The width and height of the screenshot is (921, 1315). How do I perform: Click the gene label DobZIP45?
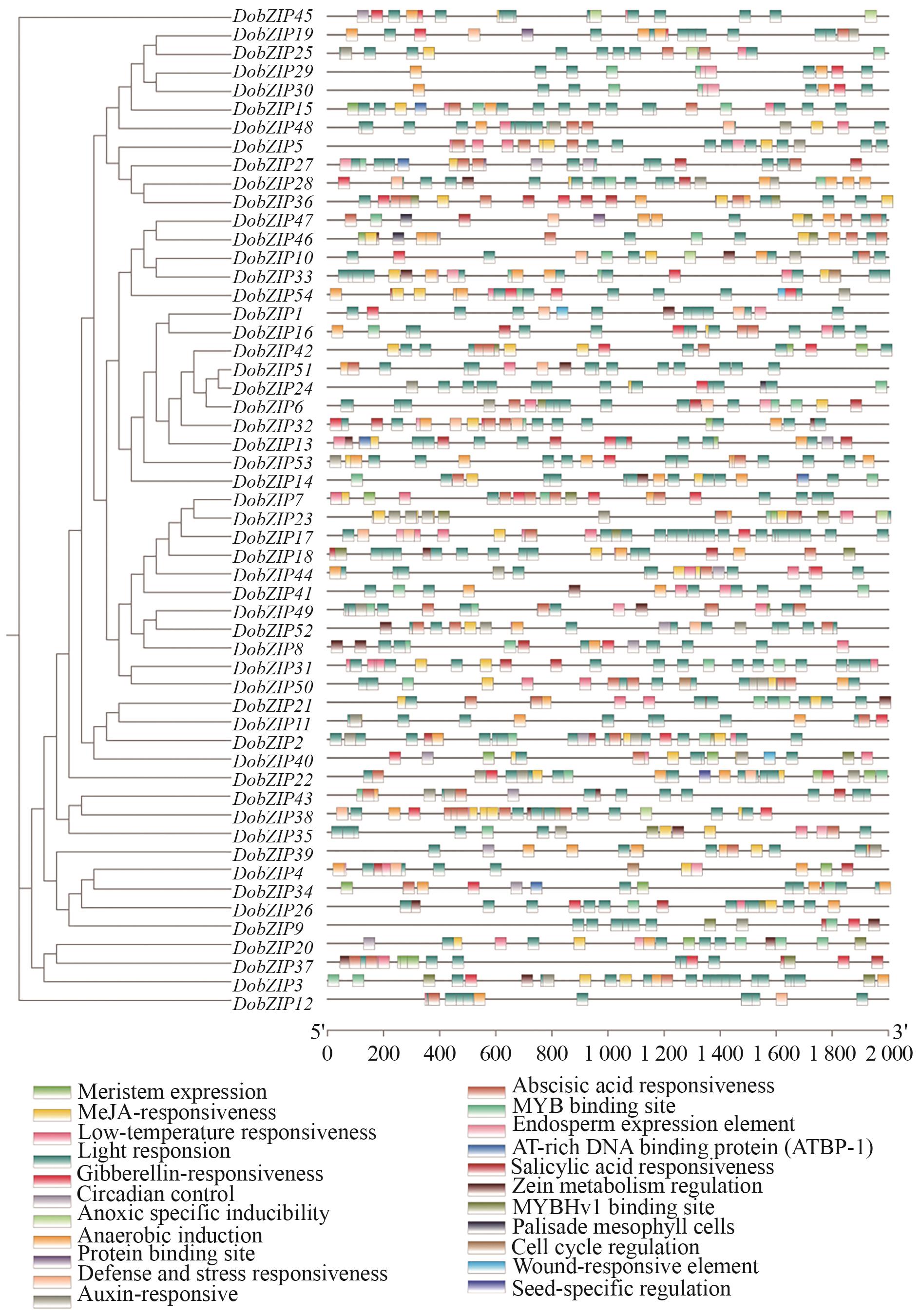[272, 17]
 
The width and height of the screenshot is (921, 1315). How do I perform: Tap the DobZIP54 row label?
[272, 296]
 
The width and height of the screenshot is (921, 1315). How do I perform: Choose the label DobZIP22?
[272, 780]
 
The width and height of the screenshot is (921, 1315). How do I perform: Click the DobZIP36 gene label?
[272, 202]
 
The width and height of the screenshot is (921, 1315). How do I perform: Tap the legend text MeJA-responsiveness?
[176, 1112]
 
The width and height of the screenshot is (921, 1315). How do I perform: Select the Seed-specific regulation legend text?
[621, 1288]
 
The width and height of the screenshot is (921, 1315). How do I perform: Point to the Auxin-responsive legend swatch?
[52, 1296]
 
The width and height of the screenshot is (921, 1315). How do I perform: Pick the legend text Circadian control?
[156, 1194]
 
